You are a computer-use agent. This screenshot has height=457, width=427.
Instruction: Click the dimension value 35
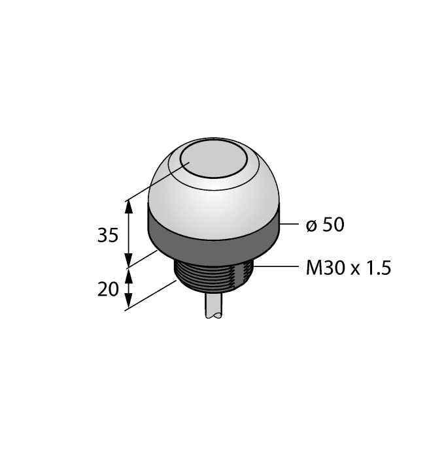click(x=108, y=236)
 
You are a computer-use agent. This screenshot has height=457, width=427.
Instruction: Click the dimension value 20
click(x=108, y=288)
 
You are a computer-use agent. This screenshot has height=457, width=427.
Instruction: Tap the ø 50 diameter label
click(x=325, y=225)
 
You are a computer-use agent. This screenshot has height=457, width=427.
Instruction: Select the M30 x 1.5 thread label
click(x=349, y=268)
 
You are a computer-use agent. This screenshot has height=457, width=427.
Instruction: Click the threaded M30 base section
click(x=214, y=274)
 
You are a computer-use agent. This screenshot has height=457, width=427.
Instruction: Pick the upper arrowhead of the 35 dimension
click(x=129, y=205)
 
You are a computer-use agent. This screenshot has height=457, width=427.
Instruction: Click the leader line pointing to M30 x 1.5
click(x=275, y=266)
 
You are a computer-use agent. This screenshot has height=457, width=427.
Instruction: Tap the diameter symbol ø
click(x=311, y=226)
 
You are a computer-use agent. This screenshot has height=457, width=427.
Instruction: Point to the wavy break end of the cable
click(x=215, y=317)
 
